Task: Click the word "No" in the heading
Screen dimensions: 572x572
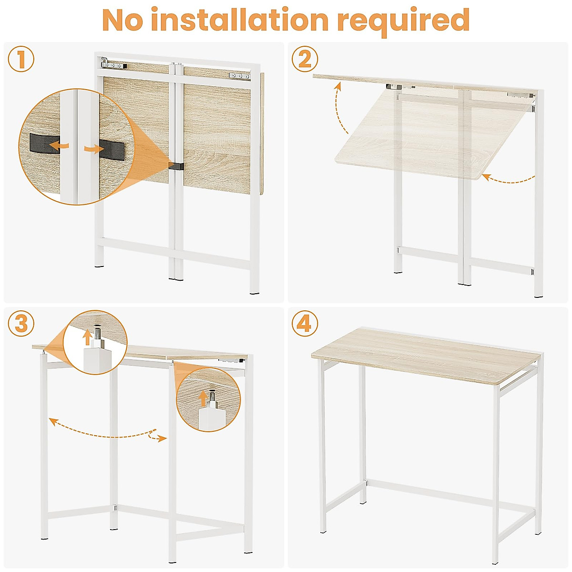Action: [x=125, y=20]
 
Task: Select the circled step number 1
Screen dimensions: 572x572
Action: [x=21, y=61]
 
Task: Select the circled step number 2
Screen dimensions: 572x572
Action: [x=305, y=60]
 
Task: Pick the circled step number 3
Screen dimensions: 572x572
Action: [x=21, y=324]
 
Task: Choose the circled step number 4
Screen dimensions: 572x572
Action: [x=305, y=324]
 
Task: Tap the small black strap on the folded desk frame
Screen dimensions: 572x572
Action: [x=175, y=166]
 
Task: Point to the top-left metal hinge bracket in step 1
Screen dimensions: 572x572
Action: [x=113, y=64]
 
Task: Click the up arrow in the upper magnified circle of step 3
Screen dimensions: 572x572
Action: [x=87, y=337]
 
